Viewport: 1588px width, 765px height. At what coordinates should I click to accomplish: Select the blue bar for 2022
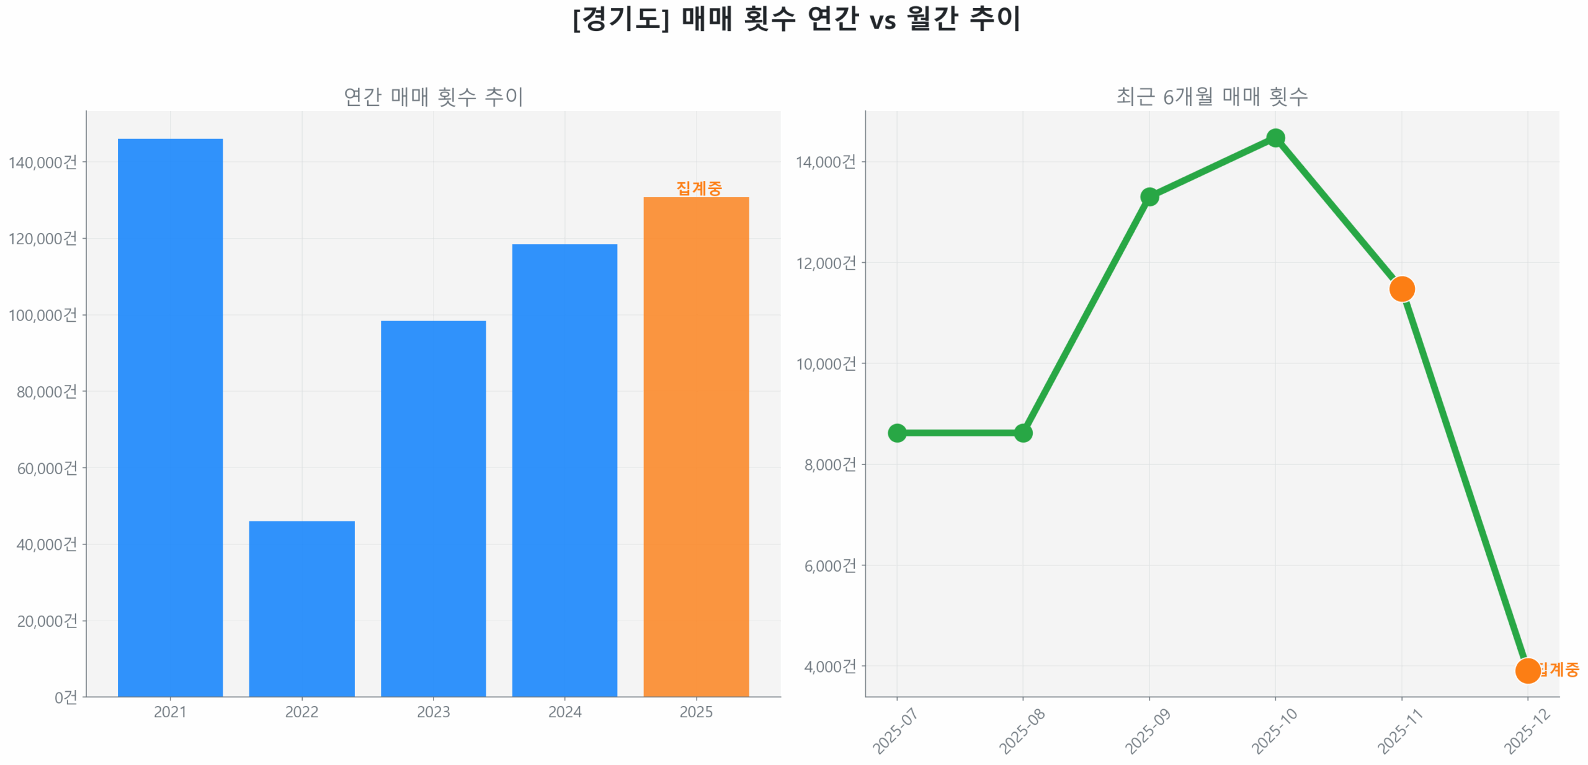[301, 608]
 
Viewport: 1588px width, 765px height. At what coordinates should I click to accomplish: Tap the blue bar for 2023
[433, 508]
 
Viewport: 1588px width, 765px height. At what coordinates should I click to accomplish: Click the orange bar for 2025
[696, 446]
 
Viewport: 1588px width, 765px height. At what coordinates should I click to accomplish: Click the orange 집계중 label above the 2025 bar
[698, 188]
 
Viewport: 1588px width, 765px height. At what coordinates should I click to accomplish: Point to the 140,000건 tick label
[43, 162]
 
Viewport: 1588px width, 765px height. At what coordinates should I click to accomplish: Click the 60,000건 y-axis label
[47, 468]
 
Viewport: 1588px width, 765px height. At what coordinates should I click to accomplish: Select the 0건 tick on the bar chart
[66, 697]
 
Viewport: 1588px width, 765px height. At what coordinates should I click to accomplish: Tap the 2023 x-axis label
[433, 712]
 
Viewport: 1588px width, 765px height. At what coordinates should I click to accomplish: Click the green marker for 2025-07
[896, 433]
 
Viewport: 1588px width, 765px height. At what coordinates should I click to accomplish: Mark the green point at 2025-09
[1149, 197]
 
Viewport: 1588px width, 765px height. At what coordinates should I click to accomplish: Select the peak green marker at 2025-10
[1275, 138]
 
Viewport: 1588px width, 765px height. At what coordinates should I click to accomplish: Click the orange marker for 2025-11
[1401, 289]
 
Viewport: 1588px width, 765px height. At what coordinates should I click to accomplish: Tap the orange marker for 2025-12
[1527, 670]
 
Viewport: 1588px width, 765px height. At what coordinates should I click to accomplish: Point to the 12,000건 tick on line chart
[826, 263]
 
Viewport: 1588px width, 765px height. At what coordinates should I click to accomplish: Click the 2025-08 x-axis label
[1021, 732]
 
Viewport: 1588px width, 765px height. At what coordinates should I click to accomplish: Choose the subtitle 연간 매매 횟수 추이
[433, 97]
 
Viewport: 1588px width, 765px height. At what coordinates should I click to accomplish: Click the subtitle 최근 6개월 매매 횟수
[1211, 97]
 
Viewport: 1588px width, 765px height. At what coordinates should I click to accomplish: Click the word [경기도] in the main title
[621, 19]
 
